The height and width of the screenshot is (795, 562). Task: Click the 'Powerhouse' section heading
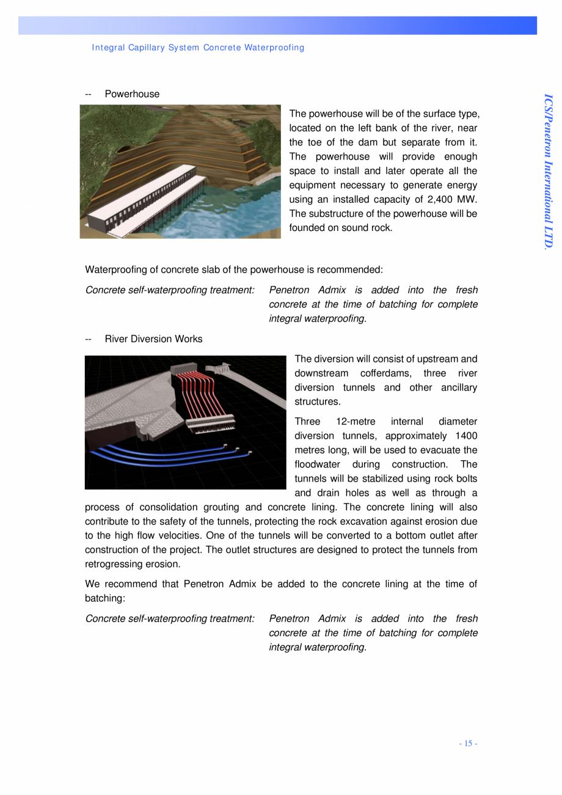[x=132, y=94]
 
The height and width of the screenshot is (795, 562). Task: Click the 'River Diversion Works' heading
[x=153, y=339]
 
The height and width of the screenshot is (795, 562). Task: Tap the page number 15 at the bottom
[x=469, y=744]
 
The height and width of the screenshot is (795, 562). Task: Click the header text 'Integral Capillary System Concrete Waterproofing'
[x=198, y=48]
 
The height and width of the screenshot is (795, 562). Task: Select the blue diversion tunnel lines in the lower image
[x=165, y=455]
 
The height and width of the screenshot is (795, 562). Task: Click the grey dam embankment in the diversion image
[x=128, y=403]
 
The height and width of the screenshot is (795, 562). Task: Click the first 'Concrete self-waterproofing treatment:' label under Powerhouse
[x=170, y=290]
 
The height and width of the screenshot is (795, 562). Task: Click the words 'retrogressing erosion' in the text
[x=133, y=564]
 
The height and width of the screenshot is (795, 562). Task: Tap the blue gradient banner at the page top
[x=277, y=26]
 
